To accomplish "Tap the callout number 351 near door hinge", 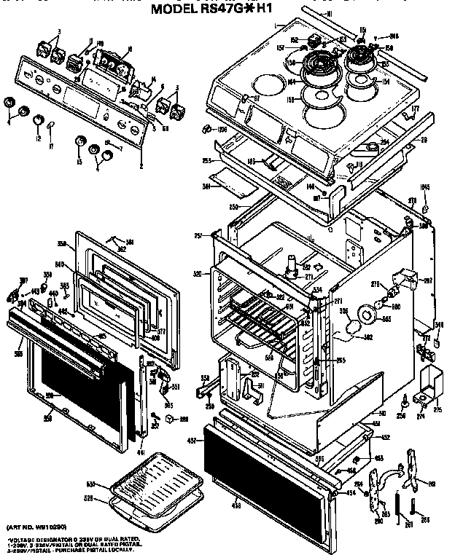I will [x=174, y=387].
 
